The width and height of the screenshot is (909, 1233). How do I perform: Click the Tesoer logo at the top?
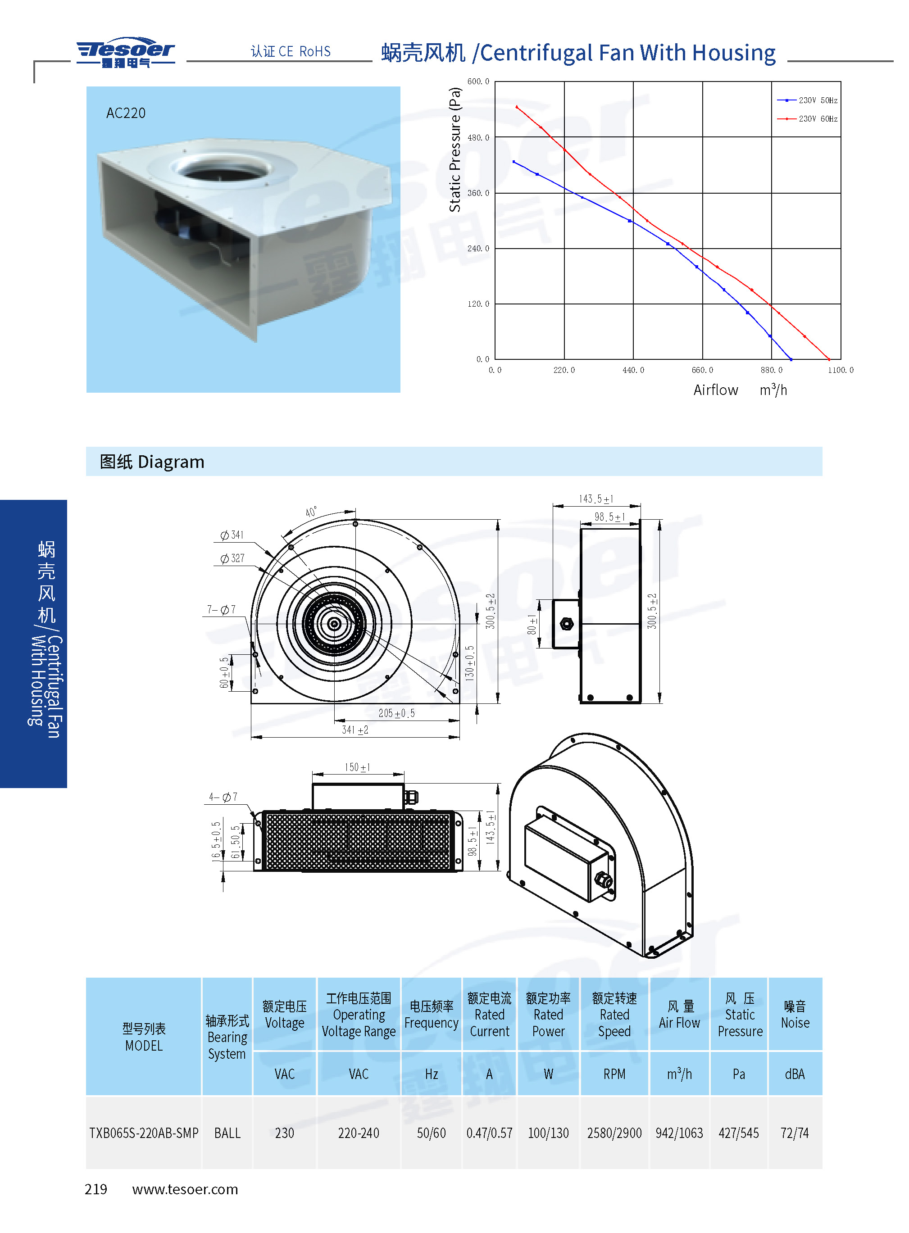[126, 53]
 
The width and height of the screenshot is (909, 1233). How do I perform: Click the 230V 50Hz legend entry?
[807, 100]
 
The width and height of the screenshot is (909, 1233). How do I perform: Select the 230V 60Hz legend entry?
[807, 119]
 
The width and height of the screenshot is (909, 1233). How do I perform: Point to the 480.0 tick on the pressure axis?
[478, 137]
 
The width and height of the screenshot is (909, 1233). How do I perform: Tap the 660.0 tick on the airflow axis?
[702, 370]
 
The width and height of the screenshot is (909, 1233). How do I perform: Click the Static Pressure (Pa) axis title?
[454, 150]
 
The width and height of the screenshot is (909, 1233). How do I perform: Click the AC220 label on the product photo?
[126, 113]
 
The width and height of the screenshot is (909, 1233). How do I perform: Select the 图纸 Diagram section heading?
[152, 462]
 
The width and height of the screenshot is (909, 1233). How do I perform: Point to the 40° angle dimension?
[311, 512]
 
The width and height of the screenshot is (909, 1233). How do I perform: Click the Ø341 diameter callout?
[232, 535]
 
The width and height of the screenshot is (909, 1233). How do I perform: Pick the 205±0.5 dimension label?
[396, 713]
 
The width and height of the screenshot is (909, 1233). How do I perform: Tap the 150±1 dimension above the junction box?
[357, 767]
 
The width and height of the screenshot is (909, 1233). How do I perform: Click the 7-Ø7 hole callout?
[221, 609]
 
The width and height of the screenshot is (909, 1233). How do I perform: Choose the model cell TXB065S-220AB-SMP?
[144, 1133]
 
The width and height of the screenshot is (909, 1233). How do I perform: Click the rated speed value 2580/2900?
[614, 1133]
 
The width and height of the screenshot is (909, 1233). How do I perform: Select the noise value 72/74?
[795, 1133]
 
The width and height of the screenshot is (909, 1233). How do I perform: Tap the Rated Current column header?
[489, 1015]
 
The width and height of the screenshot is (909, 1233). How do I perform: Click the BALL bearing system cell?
[227, 1133]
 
